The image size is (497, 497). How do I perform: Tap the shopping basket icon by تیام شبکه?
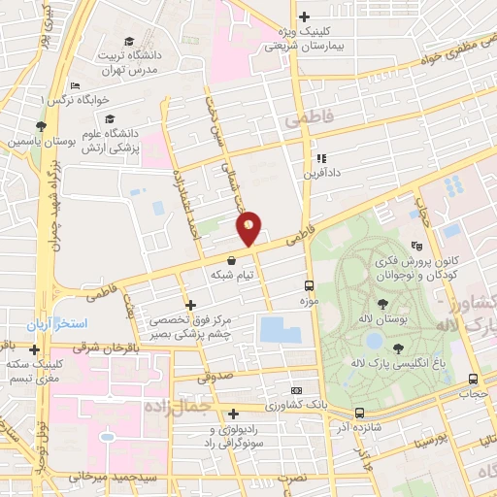pyautogui.click(x=232, y=260)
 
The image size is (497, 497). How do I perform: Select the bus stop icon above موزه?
pyautogui.click(x=309, y=286)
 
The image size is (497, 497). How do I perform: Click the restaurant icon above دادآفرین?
pyautogui.click(x=319, y=159)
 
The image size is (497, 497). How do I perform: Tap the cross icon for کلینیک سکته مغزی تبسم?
pyautogui.click(x=34, y=349)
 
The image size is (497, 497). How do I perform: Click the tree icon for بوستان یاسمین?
pyautogui.click(x=40, y=126)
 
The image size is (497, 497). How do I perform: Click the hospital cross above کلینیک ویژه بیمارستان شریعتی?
pyautogui.click(x=304, y=16)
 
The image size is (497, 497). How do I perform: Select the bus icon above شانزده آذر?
pyautogui.click(x=359, y=413)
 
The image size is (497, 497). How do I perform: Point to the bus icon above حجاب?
pyautogui.click(x=472, y=380)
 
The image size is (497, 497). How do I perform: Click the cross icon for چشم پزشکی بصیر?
pyautogui.click(x=190, y=305)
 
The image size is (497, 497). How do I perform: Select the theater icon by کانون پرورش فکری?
pyautogui.click(x=416, y=246)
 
